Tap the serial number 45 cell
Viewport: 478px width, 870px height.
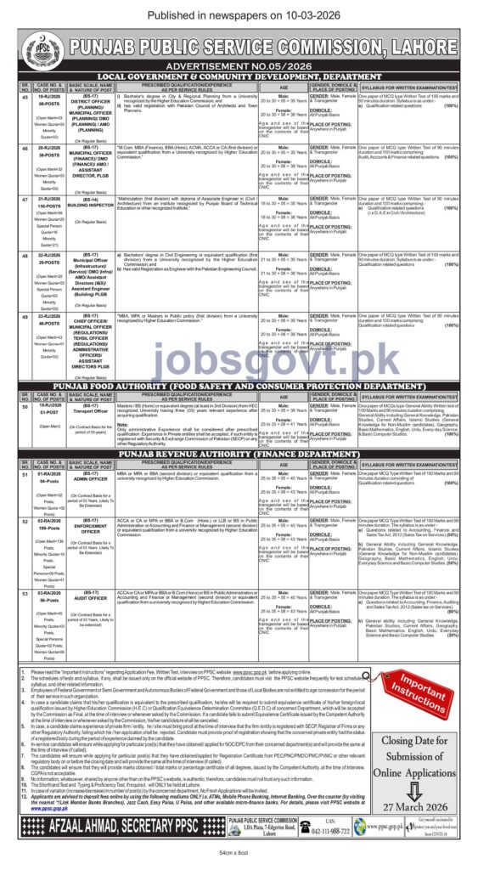[23, 96]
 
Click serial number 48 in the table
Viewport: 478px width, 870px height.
[23, 254]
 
